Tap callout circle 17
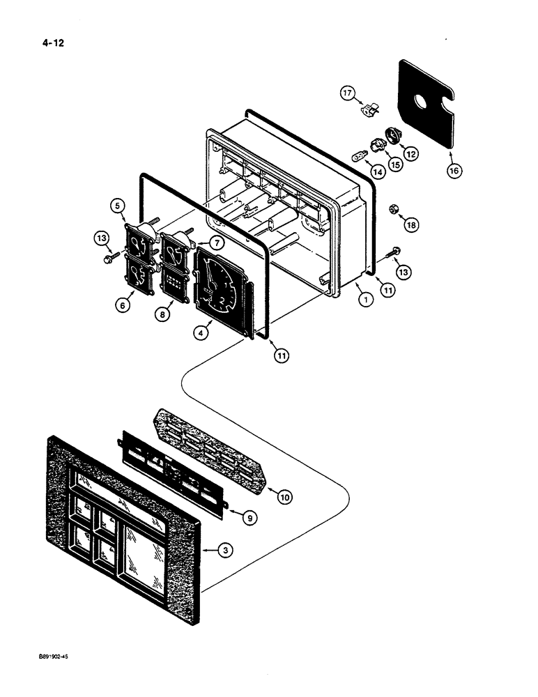point(347,92)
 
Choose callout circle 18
point(411,225)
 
